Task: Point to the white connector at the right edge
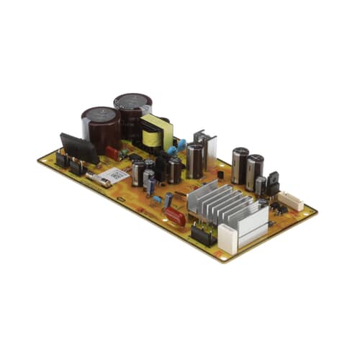tap(290, 200)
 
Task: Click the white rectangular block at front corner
tap(228, 238)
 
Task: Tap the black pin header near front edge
tap(202, 235)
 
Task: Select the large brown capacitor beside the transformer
tap(132, 115)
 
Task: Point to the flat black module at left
tap(79, 148)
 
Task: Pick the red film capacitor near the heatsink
tap(175, 215)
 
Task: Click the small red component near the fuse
tap(113, 153)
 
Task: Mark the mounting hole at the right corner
tap(309, 213)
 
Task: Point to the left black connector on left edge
tap(63, 161)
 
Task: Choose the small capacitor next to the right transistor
tap(259, 186)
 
